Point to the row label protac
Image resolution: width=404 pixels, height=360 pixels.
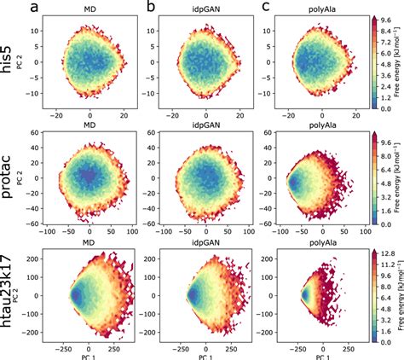11,178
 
